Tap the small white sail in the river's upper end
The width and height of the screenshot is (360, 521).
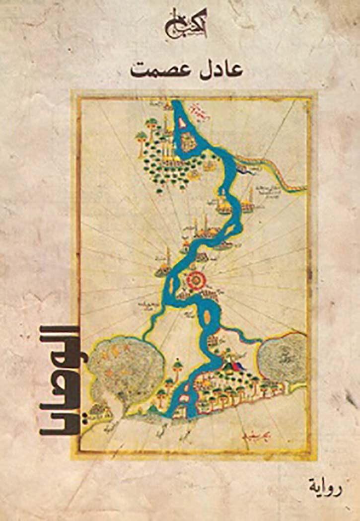177,107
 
